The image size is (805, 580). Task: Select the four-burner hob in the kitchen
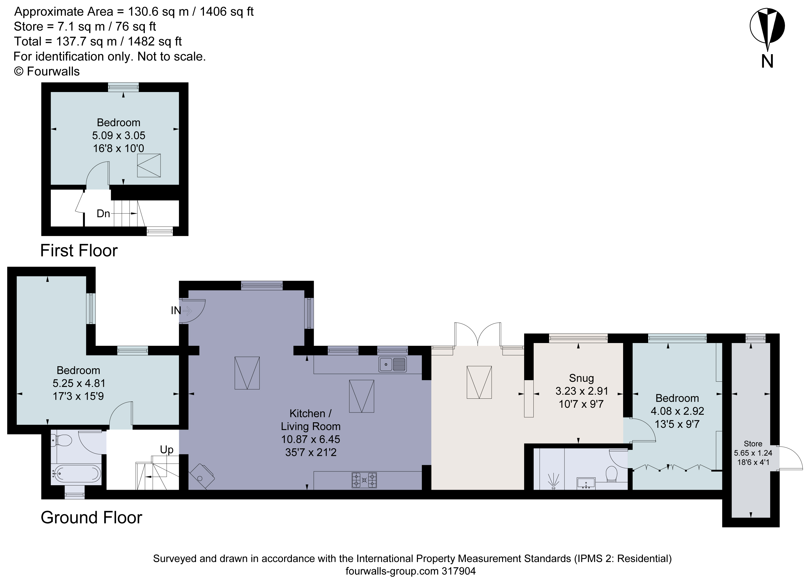(364, 480)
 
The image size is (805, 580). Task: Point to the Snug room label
(581, 378)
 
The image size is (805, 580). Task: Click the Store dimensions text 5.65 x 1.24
(753, 453)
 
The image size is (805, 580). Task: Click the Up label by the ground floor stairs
(166, 449)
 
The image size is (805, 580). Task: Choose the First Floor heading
(79, 251)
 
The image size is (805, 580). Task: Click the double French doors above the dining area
(478, 334)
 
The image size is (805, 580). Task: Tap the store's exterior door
(791, 458)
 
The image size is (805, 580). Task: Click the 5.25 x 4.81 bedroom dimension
(79, 383)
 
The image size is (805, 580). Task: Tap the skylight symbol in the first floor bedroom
(149, 165)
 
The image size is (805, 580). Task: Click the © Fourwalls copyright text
(47, 71)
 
